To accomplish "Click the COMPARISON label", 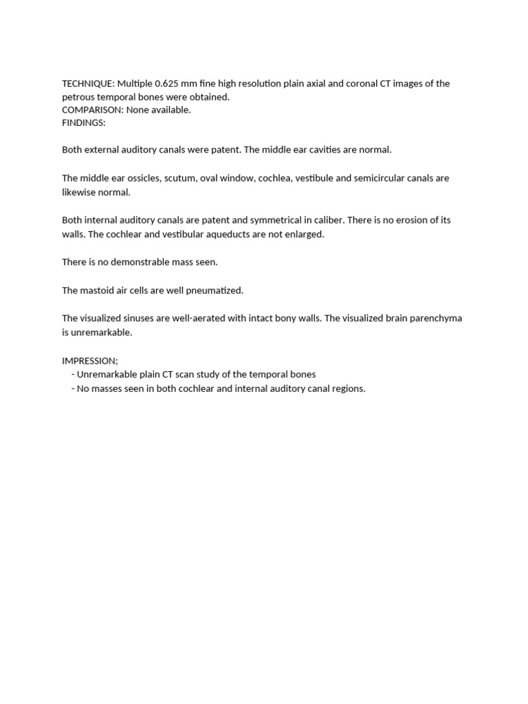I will coord(92,110).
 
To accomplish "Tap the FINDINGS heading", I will coord(83,123).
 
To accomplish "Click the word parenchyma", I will coord(435,318).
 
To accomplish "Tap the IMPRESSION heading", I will coord(89,361).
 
